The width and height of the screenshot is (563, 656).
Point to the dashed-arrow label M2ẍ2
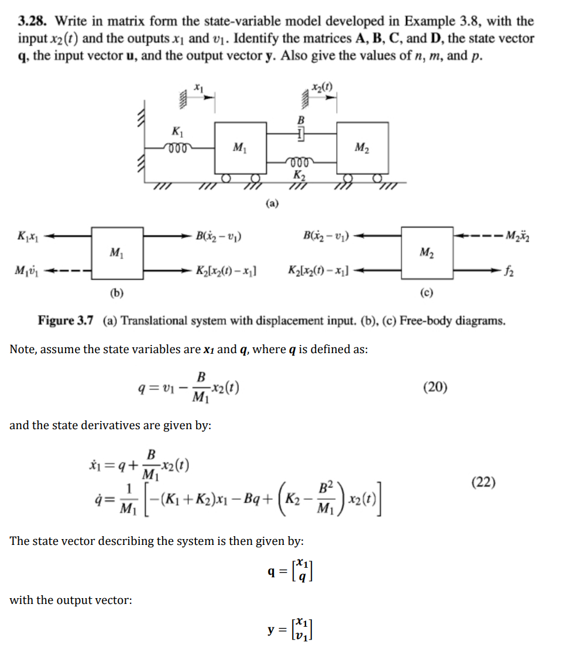[x=530, y=237]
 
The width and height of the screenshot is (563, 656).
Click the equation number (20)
[x=434, y=387]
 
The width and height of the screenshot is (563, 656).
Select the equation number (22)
[x=484, y=482]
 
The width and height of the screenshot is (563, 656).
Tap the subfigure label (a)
[x=272, y=203]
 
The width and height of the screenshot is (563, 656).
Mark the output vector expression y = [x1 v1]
[x=292, y=630]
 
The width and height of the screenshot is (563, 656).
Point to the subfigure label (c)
[x=426, y=293]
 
